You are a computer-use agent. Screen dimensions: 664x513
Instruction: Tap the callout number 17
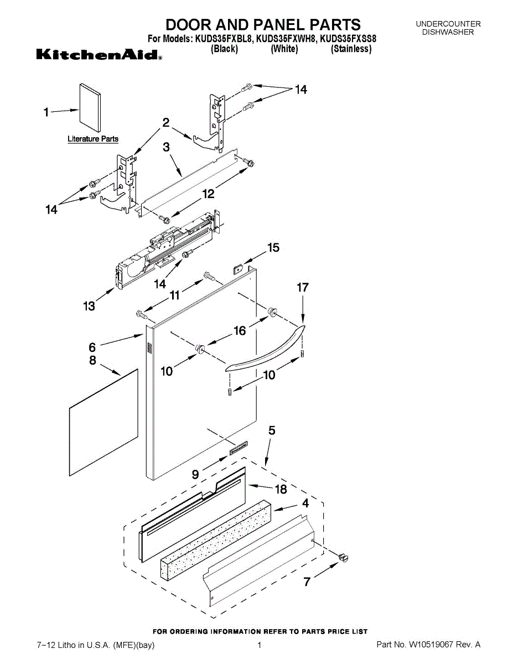pyautogui.click(x=303, y=288)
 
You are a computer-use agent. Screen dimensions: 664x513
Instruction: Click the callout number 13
pyautogui.click(x=89, y=305)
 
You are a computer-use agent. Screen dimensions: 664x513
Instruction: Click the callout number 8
pyautogui.click(x=92, y=361)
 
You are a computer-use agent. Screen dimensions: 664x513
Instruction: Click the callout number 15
pyautogui.click(x=273, y=248)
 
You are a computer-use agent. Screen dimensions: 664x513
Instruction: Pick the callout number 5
pyautogui.click(x=272, y=430)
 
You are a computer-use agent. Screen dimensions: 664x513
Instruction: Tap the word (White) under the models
pyautogui.click(x=284, y=49)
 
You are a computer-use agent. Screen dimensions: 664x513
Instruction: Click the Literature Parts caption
pyautogui.click(x=93, y=139)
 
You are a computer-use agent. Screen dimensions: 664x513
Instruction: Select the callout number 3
pyautogui.click(x=166, y=147)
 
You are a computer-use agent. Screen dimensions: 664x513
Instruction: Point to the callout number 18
pyautogui.click(x=281, y=489)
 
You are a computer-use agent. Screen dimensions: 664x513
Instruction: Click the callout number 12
pyautogui.click(x=208, y=194)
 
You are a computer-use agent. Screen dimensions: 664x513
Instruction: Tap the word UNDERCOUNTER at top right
pyautogui.click(x=448, y=24)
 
